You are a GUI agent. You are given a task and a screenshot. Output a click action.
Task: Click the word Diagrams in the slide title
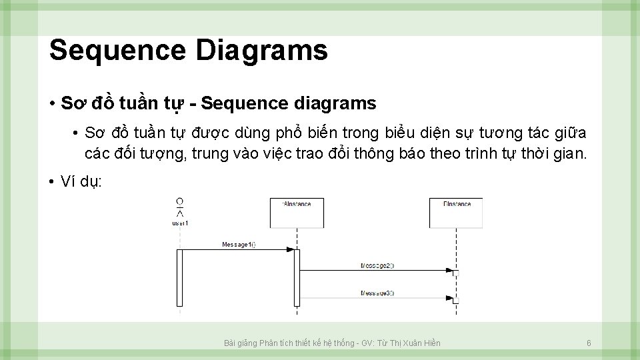(261, 51)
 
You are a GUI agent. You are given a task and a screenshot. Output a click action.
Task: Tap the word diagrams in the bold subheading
(333, 104)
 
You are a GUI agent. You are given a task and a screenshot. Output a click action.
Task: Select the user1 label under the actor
(180, 223)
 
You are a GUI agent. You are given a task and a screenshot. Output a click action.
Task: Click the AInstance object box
(297, 213)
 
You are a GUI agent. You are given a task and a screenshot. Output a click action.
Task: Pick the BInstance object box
(457, 213)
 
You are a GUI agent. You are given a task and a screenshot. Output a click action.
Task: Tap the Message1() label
(239, 245)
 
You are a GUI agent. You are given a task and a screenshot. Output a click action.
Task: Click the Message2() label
(377, 265)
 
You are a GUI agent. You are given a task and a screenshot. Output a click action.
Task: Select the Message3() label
(377, 293)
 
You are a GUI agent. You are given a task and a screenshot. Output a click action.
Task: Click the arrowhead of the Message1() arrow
(290, 249)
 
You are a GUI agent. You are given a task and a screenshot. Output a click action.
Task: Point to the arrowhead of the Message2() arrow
(449, 270)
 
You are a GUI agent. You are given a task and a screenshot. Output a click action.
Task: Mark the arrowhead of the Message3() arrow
(449, 297)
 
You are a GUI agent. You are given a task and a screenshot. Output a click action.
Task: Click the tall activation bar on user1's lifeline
(179, 277)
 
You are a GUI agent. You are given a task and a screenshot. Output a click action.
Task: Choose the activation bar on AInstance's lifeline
(297, 277)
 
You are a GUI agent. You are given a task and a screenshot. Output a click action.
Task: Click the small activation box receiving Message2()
(456, 273)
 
